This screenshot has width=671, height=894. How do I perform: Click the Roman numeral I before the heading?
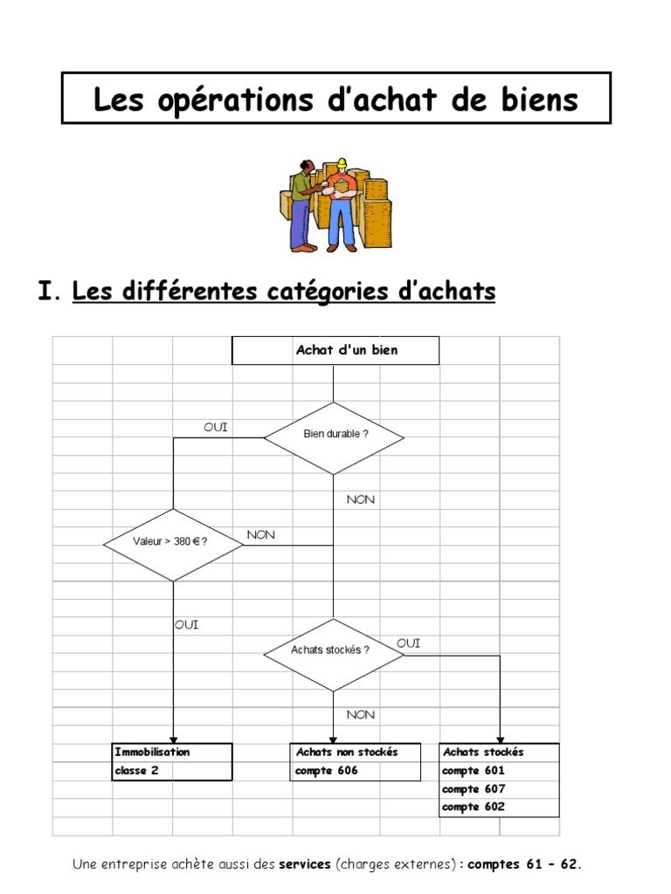(45, 292)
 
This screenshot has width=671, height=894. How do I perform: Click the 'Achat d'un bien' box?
(335, 350)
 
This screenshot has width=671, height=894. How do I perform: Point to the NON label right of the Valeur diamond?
(260, 534)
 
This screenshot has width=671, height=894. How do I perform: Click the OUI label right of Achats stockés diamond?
(408, 643)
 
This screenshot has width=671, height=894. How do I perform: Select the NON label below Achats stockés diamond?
(360, 714)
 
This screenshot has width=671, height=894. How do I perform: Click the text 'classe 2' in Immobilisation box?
(136, 771)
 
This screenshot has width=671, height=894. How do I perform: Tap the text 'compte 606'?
(327, 771)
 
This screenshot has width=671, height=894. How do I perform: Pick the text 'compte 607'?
(474, 789)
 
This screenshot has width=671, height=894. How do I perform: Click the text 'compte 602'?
(474, 807)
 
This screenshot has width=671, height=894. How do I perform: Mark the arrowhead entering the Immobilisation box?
(173, 739)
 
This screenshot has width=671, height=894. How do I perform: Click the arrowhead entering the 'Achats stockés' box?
(500, 739)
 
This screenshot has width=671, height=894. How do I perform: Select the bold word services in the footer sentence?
(304, 865)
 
